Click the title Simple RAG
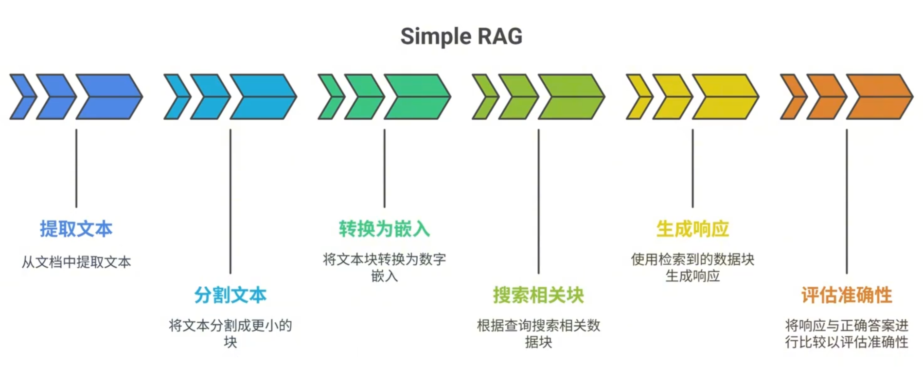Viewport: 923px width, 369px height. [461, 37]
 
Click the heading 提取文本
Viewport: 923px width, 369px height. [76, 229]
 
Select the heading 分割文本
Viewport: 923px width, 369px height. [230, 295]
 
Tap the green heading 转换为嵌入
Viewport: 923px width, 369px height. [384, 229]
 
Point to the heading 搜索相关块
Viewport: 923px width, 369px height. [538, 295]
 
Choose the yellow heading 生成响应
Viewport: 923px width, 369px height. [692, 229]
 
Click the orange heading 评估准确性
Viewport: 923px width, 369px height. [846, 295]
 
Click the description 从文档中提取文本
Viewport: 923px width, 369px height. [76, 262]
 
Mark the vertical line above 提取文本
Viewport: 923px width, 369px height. [76, 168]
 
